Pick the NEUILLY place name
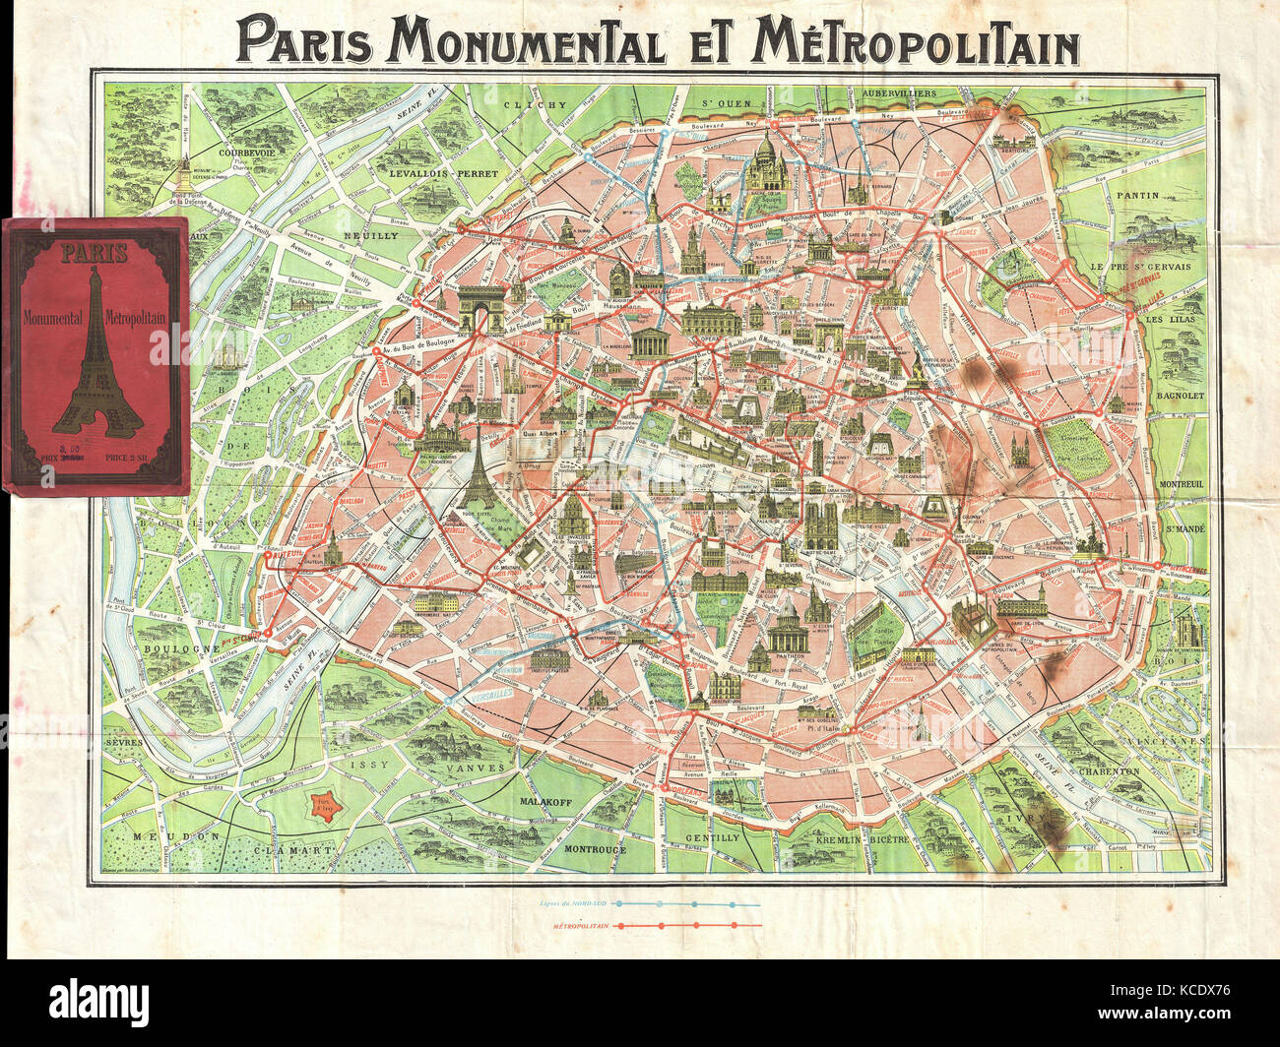coord(370,237)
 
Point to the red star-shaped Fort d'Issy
coord(321,808)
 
